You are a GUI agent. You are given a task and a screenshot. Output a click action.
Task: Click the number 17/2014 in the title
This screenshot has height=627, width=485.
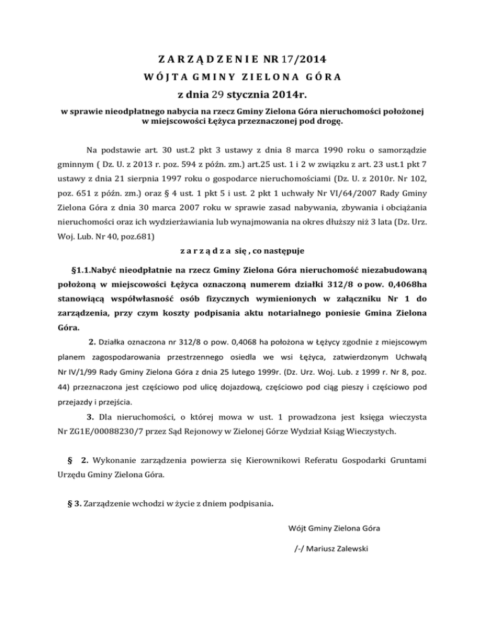tap(302, 61)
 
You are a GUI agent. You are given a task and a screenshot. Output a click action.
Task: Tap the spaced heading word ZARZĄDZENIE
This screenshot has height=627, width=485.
tap(206, 61)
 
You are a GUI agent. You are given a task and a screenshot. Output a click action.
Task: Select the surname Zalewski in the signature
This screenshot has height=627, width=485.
tap(345, 548)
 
